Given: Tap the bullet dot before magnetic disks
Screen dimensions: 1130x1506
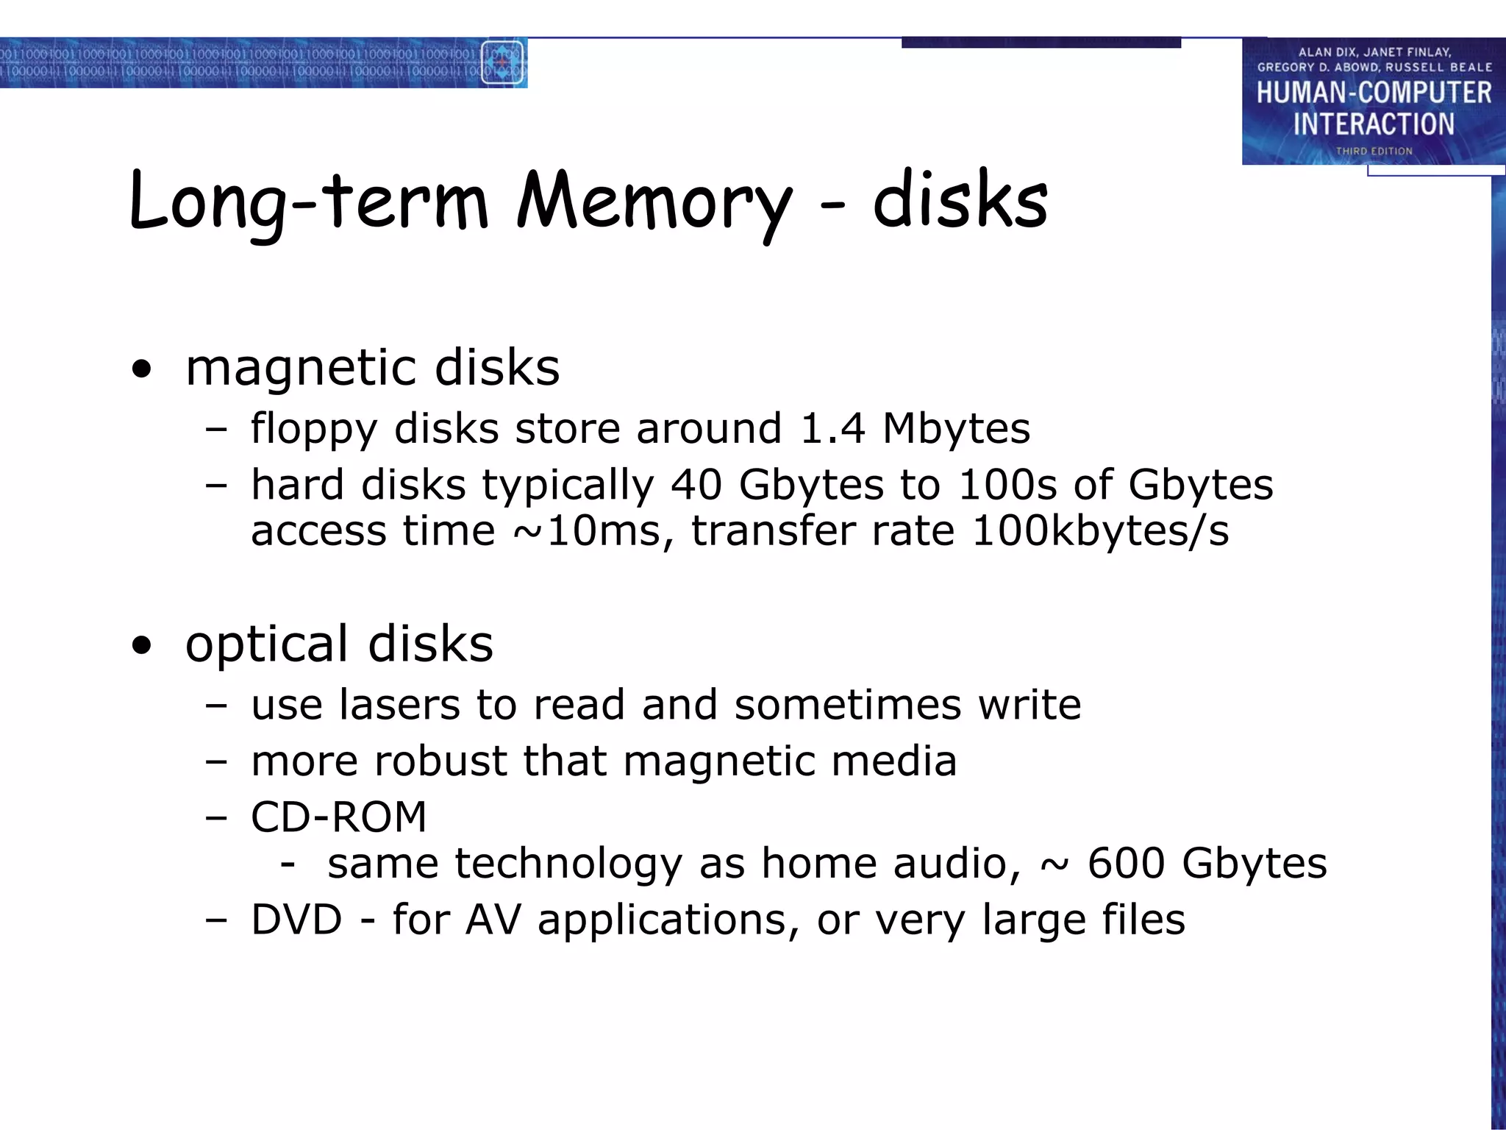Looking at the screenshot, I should (x=142, y=369).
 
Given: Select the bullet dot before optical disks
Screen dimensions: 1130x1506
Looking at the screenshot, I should (x=142, y=646).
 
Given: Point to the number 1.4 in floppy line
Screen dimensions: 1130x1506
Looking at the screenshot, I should (x=832, y=428).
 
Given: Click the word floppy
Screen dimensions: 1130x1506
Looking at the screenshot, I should (x=313, y=430).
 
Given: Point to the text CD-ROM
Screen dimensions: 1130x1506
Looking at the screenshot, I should (x=339, y=817).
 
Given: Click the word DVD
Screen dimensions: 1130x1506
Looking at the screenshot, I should (x=296, y=919).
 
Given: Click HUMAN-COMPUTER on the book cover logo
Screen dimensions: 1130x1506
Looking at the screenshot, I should (x=1374, y=93).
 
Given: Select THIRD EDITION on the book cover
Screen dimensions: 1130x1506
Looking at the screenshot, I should (x=1374, y=151).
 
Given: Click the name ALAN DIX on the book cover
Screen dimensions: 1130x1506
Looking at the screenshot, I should (x=1329, y=52).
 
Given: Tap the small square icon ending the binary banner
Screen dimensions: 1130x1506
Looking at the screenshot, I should (x=502, y=63).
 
